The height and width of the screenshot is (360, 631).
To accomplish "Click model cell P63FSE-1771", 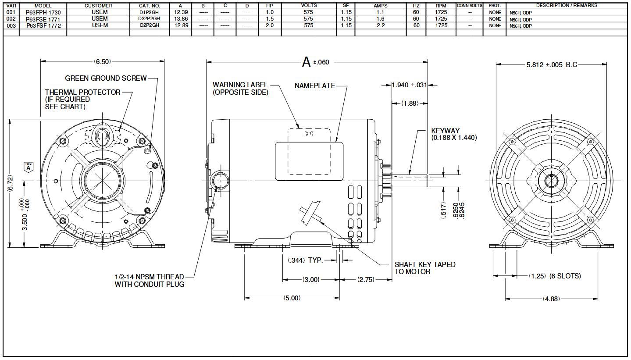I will (x=43, y=19).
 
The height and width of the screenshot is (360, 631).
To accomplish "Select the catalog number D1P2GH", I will (x=150, y=13).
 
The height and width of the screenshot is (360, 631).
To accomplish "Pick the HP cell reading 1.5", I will (x=270, y=19).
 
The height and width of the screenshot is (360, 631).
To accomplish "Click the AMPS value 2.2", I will (x=380, y=26).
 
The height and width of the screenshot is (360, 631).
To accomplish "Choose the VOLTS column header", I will (x=308, y=6).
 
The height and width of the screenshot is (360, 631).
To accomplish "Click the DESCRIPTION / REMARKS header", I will (x=567, y=6).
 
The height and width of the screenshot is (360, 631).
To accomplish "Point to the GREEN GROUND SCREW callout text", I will (x=106, y=78).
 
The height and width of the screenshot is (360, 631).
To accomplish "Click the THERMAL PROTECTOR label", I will (x=82, y=93).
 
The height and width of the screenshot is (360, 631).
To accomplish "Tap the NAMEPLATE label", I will (x=314, y=86).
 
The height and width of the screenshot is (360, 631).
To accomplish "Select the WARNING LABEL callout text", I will (x=240, y=89).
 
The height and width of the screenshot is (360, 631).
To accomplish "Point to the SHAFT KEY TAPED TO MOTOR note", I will (x=424, y=268).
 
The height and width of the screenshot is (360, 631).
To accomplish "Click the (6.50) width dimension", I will (x=102, y=61).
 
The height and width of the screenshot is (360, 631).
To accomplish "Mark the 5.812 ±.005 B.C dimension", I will (x=552, y=65).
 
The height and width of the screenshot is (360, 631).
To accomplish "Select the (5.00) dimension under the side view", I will (x=292, y=298).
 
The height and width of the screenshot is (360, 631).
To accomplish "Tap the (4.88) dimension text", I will (x=551, y=299).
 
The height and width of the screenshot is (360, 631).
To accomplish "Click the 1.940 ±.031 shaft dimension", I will (x=409, y=85).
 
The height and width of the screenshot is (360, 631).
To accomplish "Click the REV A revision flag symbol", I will (x=29, y=167).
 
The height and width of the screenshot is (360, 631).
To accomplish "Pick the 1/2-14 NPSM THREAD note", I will (x=149, y=280).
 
